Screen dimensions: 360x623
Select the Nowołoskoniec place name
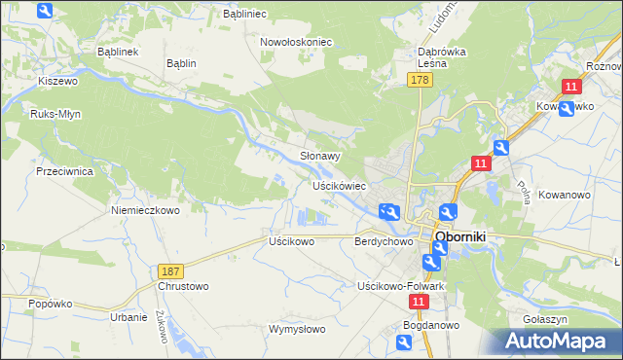[x=297, y=42]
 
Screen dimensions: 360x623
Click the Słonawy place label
[x=319, y=156]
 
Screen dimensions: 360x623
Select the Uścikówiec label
[x=339, y=185]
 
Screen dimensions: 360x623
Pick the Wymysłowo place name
[x=297, y=329]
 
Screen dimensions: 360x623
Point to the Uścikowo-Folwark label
[x=401, y=286]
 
